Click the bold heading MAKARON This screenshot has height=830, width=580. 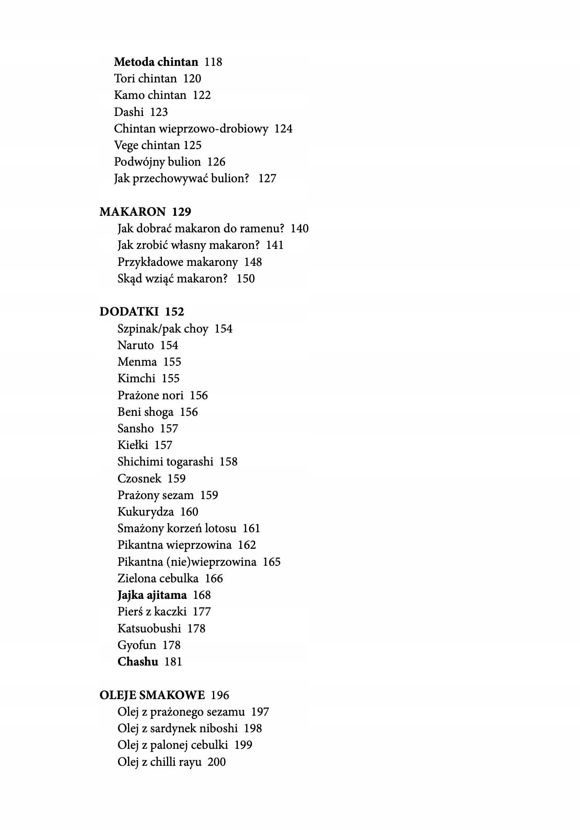[x=132, y=212]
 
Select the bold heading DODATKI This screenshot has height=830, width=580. [x=129, y=312]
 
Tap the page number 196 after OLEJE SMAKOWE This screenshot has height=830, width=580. [x=220, y=695]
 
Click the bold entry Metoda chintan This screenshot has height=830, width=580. [x=156, y=62]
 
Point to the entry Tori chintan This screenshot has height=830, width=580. [x=145, y=79]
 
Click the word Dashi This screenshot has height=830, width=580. [x=129, y=112]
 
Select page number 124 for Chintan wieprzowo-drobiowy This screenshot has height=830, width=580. [x=283, y=129]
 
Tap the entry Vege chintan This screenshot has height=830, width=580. [x=147, y=145]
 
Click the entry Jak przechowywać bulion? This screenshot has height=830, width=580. [x=181, y=179]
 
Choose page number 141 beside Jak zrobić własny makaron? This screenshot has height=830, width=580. [x=275, y=245]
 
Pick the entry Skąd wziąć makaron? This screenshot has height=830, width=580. [x=172, y=279]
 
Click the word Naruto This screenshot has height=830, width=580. [x=135, y=345]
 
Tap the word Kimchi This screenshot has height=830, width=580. [x=136, y=379]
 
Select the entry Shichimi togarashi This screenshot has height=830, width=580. [x=165, y=462]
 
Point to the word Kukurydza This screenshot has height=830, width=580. [x=145, y=512]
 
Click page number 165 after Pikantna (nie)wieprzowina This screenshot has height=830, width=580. [x=272, y=562]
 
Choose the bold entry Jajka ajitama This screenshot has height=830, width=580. [x=152, y=595]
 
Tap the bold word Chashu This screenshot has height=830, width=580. [x=138, y=662]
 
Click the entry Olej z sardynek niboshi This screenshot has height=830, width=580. [x=177, y=729]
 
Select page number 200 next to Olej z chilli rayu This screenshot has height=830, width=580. [x=217, y=762]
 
